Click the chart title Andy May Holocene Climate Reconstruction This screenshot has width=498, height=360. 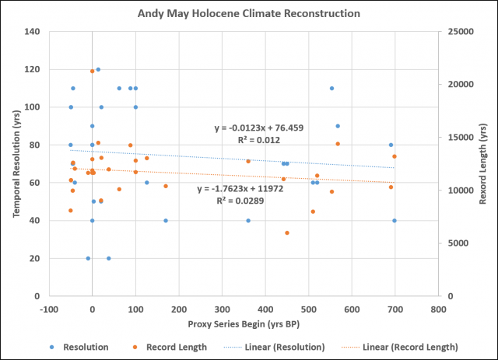[x=248, y=13]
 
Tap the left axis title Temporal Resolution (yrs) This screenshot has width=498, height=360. [x=15, y=163]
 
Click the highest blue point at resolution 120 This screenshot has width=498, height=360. [x=98, y=69]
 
